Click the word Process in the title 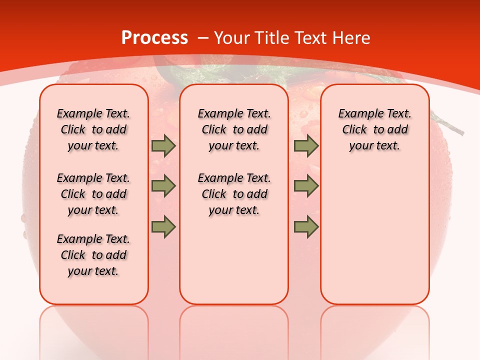[154, 38]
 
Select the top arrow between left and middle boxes [163, 146]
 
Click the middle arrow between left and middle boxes [163, 186]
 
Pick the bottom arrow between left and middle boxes [163, 226]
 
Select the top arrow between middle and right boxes [306, 146]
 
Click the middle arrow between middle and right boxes [306, 186]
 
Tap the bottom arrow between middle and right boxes [306, 226]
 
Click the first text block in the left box [93, 129]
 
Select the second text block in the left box [93, 194]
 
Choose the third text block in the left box [93, 255]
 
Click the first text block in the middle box [234, 129]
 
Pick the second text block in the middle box [234, 194]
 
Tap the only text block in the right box [374, 129]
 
